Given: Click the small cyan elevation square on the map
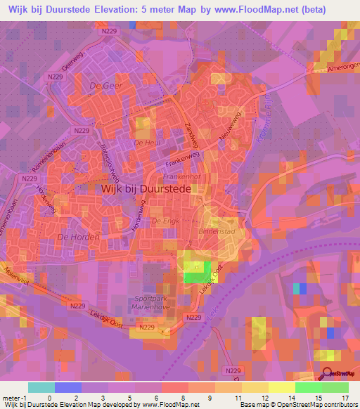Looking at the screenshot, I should (302, 289).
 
